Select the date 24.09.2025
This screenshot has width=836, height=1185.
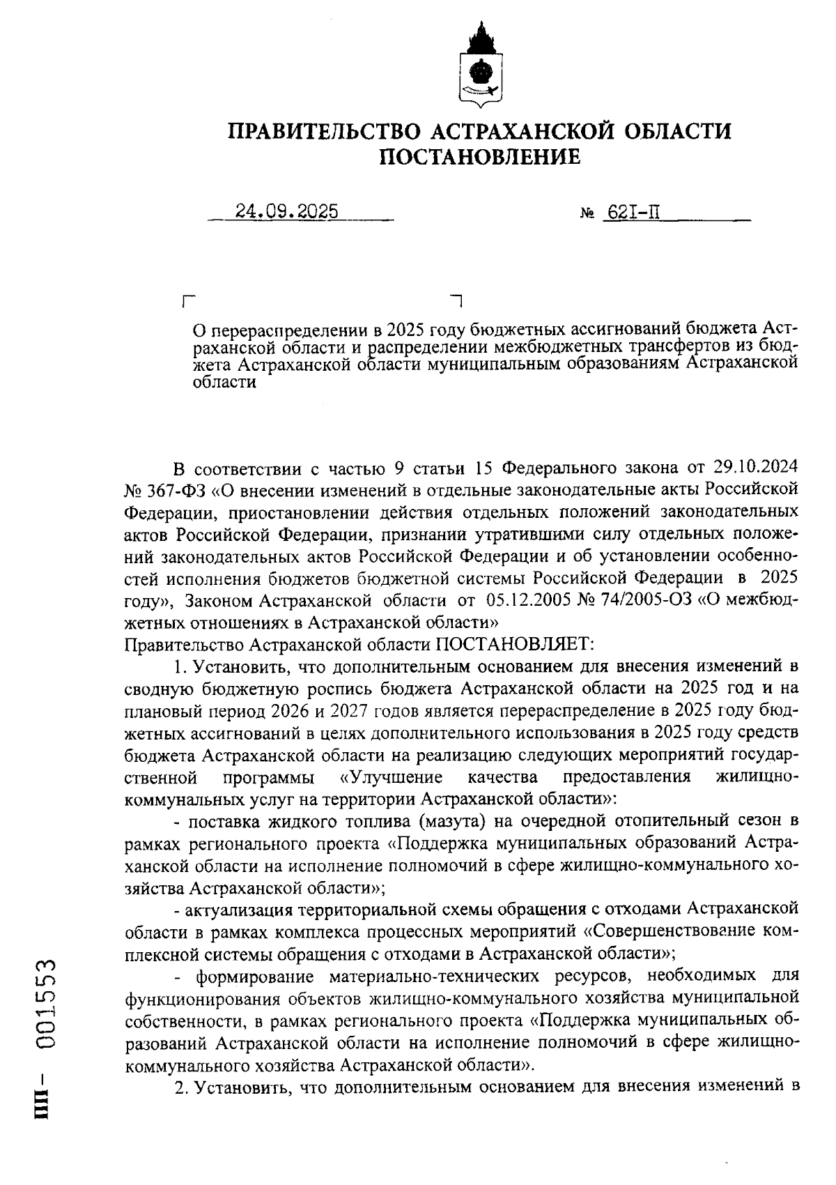pos(286,211)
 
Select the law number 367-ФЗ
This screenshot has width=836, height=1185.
pos(176,489)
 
